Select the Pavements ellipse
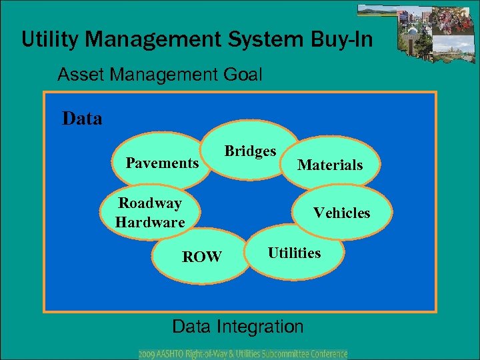(163, 163)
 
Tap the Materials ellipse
(330, 165)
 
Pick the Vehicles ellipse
(341, 213)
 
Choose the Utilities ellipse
(295, 253)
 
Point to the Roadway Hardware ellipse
(150, 213)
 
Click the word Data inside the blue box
(82, 119)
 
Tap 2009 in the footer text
(148, 354)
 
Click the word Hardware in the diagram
(150, 222)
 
